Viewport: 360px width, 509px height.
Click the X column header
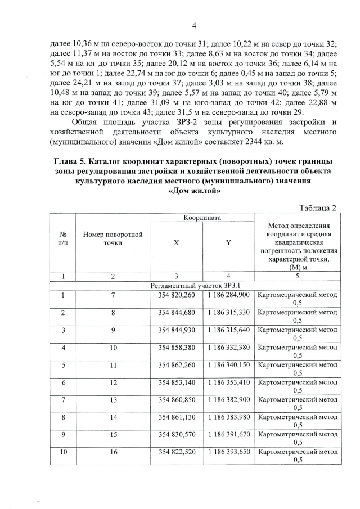click(176, 242)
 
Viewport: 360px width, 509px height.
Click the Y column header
click(228, 242)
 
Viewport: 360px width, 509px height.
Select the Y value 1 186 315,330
click(228, 312)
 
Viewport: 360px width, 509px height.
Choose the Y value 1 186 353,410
click(228, 382)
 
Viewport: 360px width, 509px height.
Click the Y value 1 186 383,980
click(228, 417)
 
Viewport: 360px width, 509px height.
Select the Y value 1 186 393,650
click(228, 452)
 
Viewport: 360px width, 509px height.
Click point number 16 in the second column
click(112, 452)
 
